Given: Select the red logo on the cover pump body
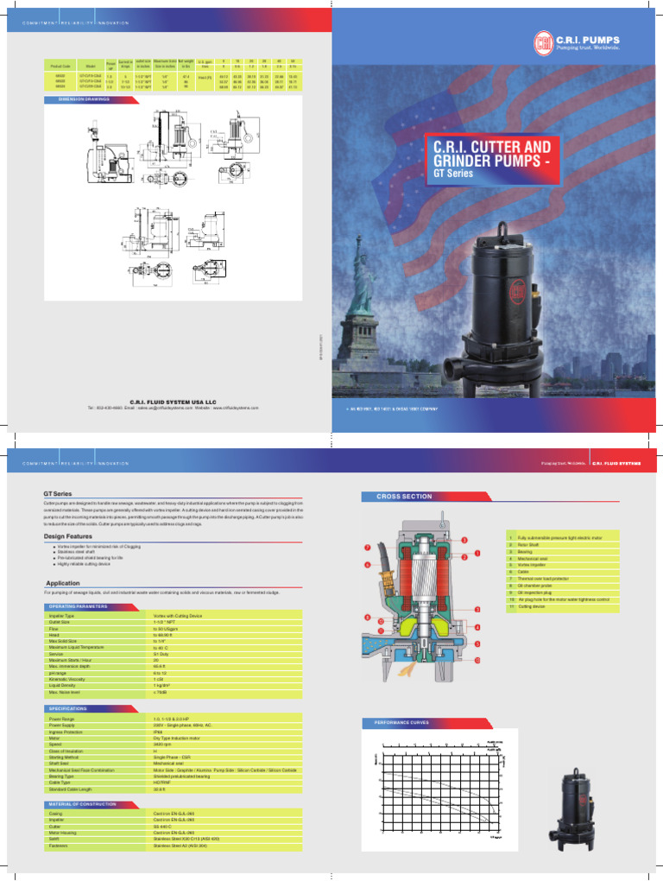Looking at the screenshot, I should [x=520, y=288].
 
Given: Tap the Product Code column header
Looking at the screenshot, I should [x=60, y=65].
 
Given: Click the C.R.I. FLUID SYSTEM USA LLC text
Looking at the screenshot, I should [x=173, y=402].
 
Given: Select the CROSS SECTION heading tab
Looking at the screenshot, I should [x=404, y=498].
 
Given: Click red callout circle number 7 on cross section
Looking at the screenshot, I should [x=367, y=548].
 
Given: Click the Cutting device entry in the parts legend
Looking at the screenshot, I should [x=533, y=607].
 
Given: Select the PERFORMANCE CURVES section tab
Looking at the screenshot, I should [x=401, y=721].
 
